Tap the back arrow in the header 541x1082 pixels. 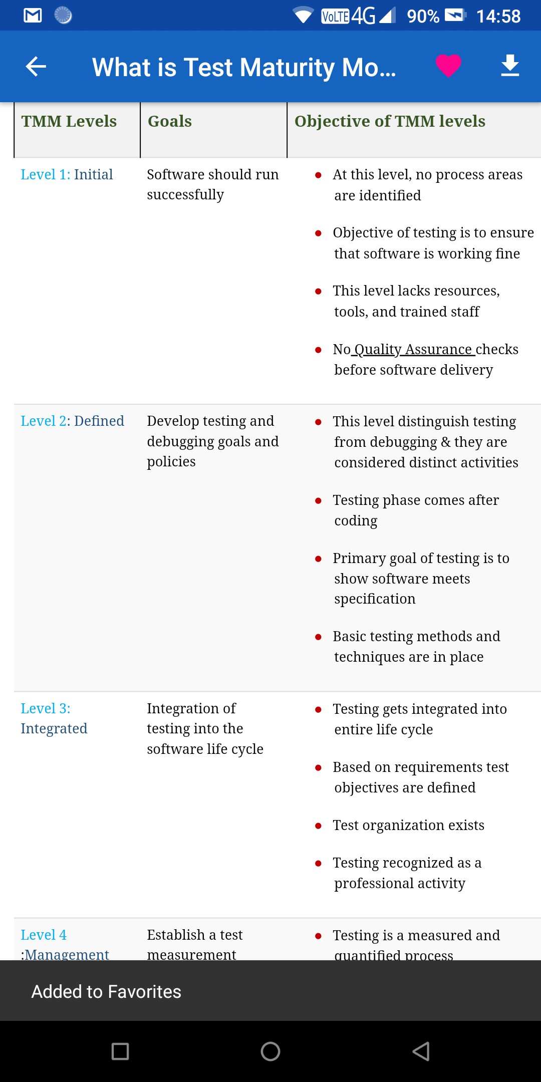coord(36,66)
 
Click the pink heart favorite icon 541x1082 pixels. coord(448,66)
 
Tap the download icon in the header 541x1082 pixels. coord(510,66)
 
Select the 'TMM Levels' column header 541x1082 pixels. coord(69,121)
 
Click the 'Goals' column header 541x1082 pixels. coord(170,121)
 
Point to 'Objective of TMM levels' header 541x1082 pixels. coord(390,121)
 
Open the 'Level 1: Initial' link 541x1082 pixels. coord(67,174)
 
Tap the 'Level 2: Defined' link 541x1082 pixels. coord(72,421)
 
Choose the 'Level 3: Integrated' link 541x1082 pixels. coord(54,718)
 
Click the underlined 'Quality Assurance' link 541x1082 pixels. coord(413,349)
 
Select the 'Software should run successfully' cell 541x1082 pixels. coord(212,184)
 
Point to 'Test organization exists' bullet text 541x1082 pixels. coord(408,825)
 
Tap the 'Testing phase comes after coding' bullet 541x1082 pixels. coord(415,510)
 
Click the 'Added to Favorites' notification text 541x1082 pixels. coord(106,991)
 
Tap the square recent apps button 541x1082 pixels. coord(120,1051)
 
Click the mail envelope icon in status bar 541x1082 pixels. coord(33,16)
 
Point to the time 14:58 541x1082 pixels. coord(498,17)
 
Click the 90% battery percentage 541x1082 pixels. coord(423,17)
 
